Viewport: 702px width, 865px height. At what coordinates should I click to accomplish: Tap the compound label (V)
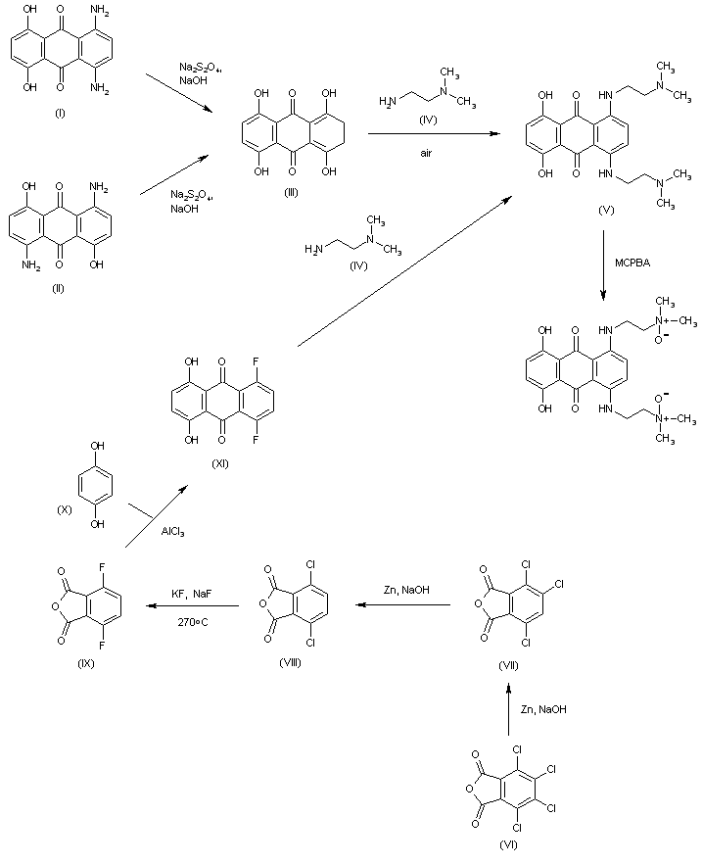[x=609, y=210]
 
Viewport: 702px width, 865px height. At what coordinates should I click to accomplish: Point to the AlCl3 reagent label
[x=172, y=532]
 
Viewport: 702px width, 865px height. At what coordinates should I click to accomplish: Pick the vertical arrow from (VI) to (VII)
[x=507, y=709]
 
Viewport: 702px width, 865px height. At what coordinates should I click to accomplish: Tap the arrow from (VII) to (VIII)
[x=403, y=605]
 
